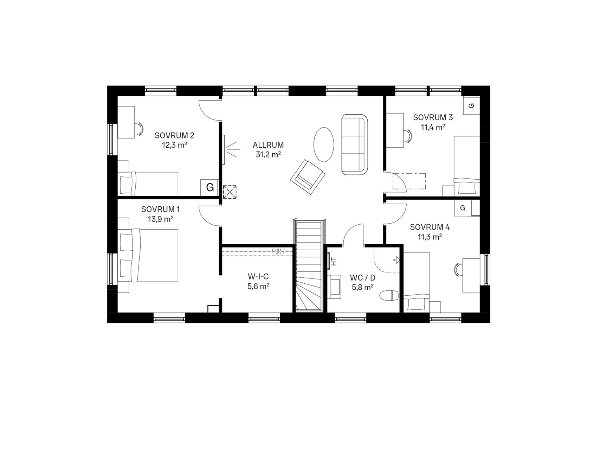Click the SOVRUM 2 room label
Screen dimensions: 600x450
coord(174,135)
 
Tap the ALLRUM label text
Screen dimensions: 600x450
coord(268,145)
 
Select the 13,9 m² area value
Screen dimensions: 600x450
coord(161,219)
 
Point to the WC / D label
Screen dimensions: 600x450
coord(363,278)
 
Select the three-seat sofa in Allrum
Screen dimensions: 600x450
coord(354,144)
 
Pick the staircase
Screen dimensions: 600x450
coord(309,265)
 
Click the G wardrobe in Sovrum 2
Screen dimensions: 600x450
coord(209,187)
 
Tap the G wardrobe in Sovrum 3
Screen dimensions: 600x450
coord(471,105)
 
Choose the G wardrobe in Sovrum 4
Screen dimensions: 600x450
coord(463,208)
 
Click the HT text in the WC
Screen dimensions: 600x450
coord(334,261)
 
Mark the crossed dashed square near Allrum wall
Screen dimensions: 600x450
coord(230,192)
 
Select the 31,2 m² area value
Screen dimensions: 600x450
coord(268,154)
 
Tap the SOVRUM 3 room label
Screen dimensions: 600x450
coord(433,117)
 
